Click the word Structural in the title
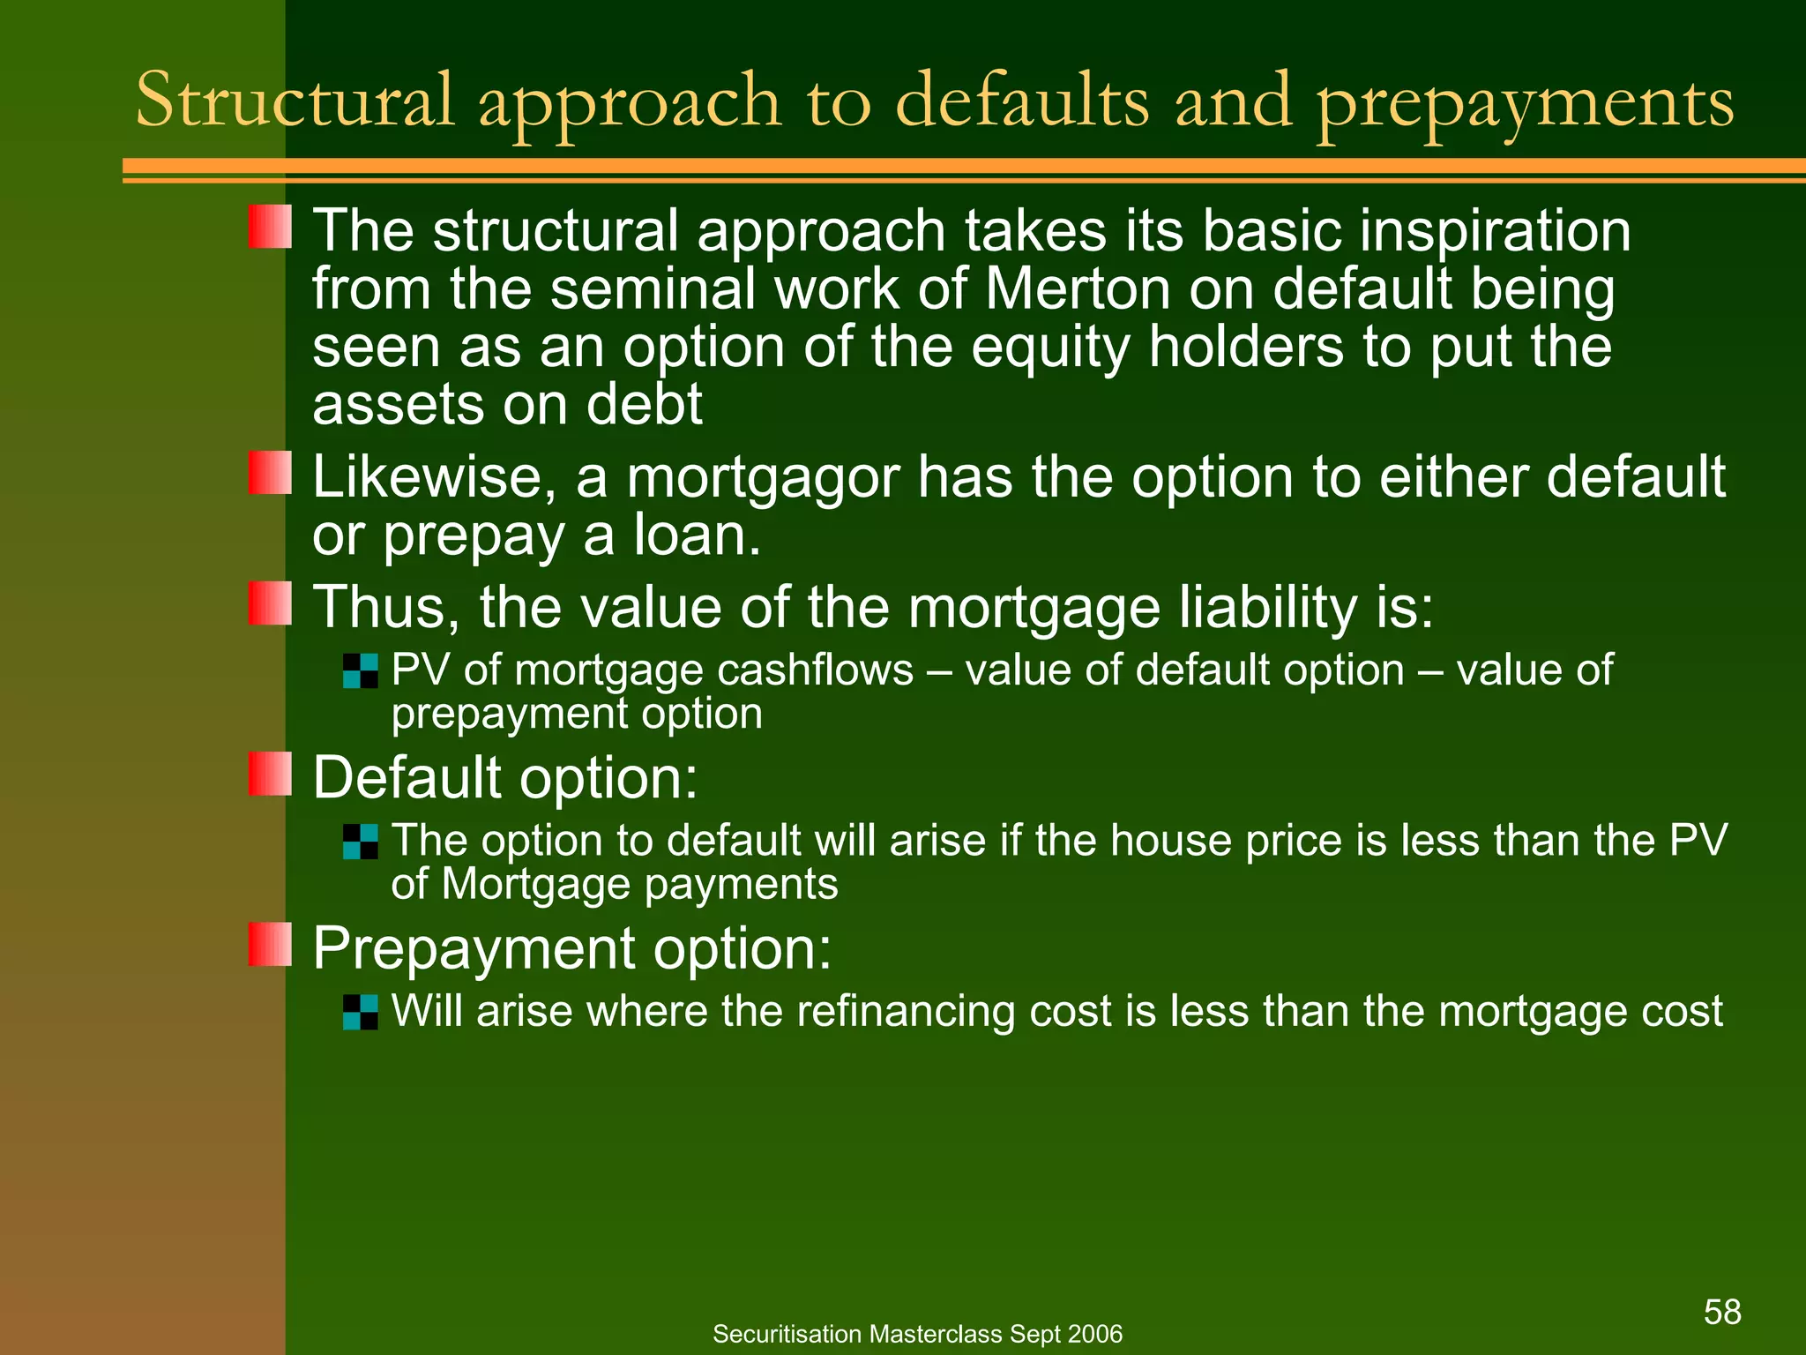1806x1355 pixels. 295,101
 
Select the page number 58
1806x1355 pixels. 1722,1312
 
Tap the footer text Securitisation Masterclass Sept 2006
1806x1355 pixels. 917,1334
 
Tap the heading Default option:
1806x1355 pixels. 505,778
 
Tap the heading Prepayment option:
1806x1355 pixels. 572,949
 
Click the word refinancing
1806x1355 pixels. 909,1012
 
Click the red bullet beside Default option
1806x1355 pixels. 270,774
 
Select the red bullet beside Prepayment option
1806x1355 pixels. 270,944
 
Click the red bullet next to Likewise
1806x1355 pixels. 270,473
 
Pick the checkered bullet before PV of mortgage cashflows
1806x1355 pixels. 360,670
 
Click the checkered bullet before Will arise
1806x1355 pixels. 360,1012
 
